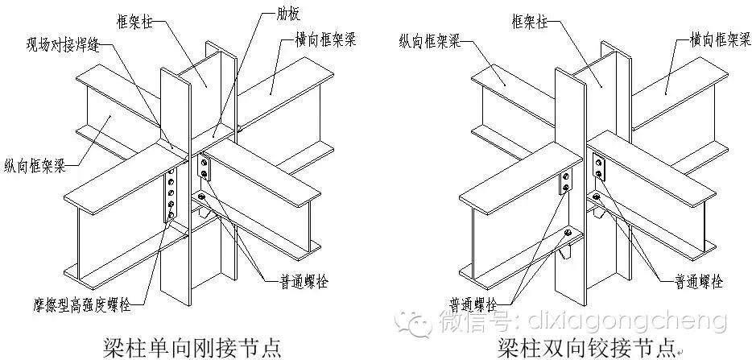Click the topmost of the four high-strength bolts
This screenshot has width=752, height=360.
coord(169,176)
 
